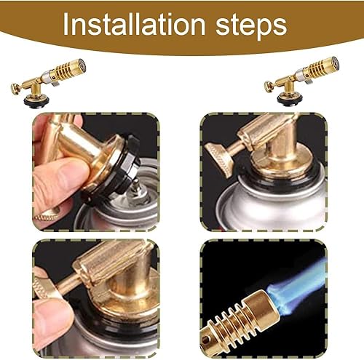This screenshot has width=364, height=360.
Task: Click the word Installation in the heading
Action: (x=134, y=24)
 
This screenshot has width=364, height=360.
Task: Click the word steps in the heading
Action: (x=252, y=26)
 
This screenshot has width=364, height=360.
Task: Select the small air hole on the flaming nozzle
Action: (x=207, y=337)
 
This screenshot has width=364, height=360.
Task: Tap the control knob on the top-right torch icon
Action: (x=268, y=87)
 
